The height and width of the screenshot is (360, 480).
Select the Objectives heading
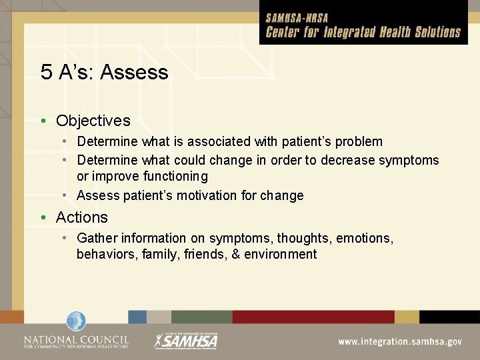pos(93,121)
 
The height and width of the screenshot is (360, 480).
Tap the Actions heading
pos(81,217)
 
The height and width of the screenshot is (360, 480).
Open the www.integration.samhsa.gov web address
pos(399,341)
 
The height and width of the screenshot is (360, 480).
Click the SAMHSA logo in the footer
pos(186,340)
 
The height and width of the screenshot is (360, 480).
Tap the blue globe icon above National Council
pos(76,321)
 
